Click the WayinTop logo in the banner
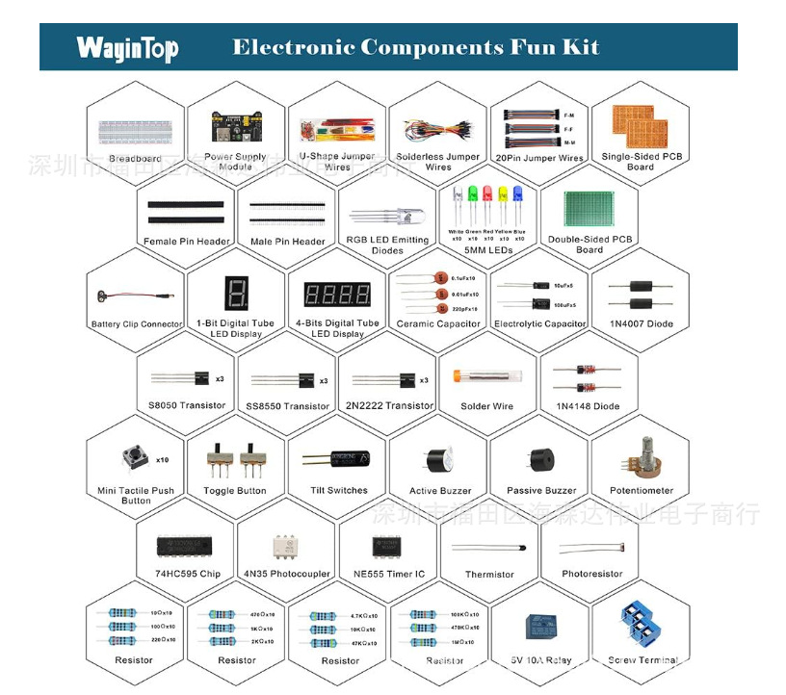click(x=127, y=47)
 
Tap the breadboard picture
click(x=135, y=131)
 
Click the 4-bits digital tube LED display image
click(x=337, y=294)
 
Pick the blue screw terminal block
click(x=640, y=625)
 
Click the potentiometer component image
click(x=642, y=457)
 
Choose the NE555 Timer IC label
click(x=389, y=574)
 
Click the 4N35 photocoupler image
click(x=286, y=544)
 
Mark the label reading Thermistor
click(x=489, y=575)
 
